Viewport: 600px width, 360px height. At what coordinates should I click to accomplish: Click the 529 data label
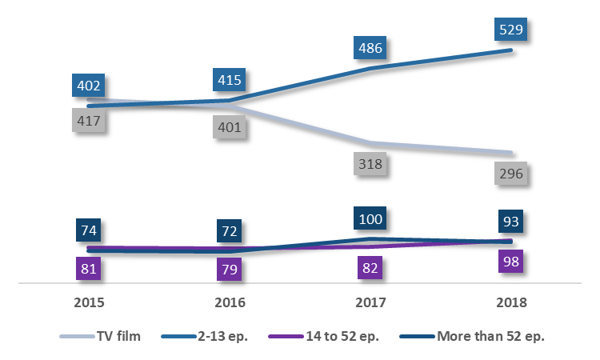click(x=511, y=30)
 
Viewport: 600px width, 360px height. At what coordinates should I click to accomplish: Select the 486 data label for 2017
click(x=370, y=49)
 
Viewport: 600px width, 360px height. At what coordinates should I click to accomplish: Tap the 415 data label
click(x=228, y=81)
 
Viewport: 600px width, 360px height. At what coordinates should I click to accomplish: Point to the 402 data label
click(x=88, y=86)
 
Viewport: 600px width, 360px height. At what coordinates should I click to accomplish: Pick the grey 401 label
click(x=229, y=127)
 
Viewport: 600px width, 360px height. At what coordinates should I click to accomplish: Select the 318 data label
click(x=370, y=164)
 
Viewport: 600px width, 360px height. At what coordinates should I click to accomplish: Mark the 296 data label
click(x=511, y=174)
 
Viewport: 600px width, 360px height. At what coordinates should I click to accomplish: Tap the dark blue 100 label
click(x=370, y=218)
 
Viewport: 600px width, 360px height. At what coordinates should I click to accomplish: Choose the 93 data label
click(x=511, y=222)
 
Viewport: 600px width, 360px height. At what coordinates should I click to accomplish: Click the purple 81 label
click(x=89, y=268)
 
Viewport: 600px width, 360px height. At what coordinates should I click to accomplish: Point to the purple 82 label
click(x=370, y=268)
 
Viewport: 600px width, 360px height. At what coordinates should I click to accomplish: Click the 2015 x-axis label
click(x=88, y=303)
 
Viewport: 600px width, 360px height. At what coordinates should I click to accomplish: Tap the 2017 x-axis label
click(x=370, y=303)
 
